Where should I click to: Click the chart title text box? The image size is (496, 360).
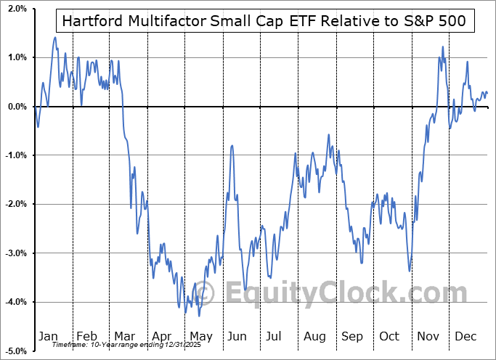(x=264, y=21)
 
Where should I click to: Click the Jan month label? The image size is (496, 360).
(x=48, y=336)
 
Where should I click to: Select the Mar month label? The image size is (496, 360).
(x=124, y=336)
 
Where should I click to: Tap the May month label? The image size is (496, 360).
(x=200, y=336)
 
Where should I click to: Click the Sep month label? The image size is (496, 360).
(x=352, y=336)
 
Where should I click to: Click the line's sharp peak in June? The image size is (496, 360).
(x=232, y=146)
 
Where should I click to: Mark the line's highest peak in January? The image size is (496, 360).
(x=55, y=37)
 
